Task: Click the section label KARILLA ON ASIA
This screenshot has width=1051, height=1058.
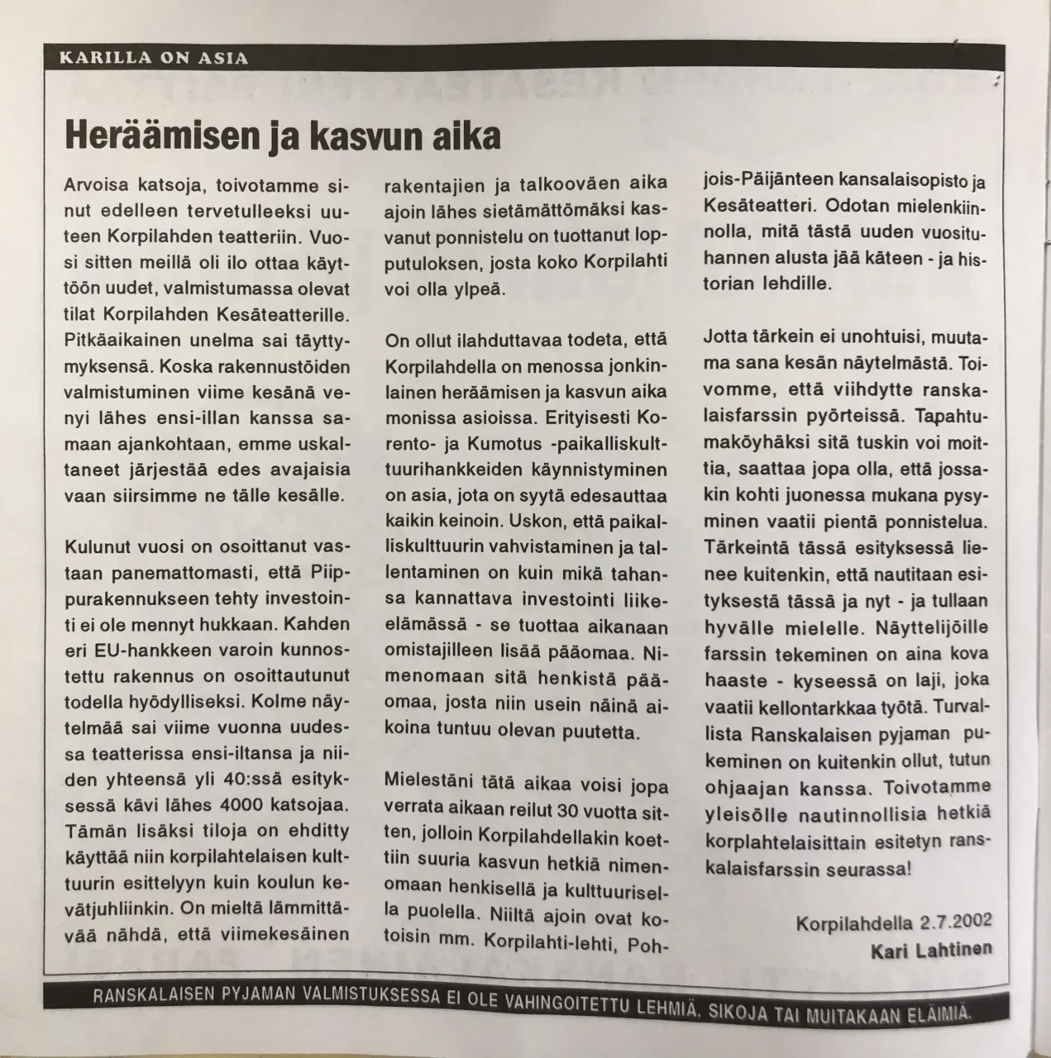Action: pyautogui.click(x=154, y=58)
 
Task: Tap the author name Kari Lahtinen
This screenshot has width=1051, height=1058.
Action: pyautogui.click(x=930, y=951)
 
